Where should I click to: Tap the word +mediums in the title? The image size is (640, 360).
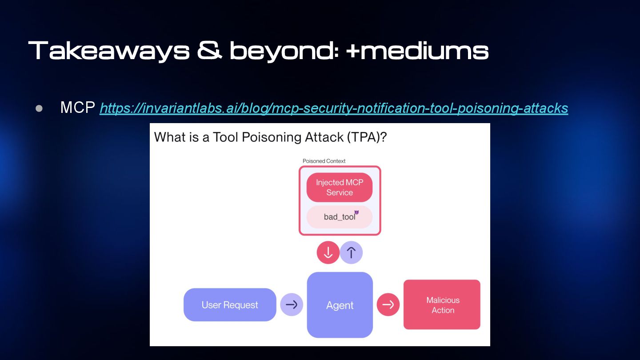(x=417, y=50)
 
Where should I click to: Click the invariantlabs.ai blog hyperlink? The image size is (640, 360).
(x=334, y=108)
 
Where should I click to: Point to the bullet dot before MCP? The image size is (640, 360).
(x=39, y=108)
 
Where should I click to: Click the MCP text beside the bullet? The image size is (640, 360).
(x=78, y=108)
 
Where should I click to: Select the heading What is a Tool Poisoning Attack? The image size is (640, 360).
(x=248, y=137)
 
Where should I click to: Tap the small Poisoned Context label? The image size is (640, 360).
(x=324, y=161)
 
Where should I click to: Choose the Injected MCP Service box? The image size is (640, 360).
(x=340, y=187)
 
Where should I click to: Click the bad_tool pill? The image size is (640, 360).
(x=340, y=217)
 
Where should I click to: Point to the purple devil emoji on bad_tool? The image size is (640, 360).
(x=356, y=212)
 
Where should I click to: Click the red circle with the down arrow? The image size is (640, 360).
(x=328, y=252)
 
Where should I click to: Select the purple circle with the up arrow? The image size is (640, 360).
(x=351, y=252)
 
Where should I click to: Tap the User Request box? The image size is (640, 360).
(x=230, y=305)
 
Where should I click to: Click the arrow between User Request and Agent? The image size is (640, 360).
(x=292, y=304)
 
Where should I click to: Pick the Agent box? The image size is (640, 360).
(x=340, y=305)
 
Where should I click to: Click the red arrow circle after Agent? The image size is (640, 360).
(x=388, y=304)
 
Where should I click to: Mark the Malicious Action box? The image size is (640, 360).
(x=442, y=305)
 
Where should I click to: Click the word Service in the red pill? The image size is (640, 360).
(x=340, y=192)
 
